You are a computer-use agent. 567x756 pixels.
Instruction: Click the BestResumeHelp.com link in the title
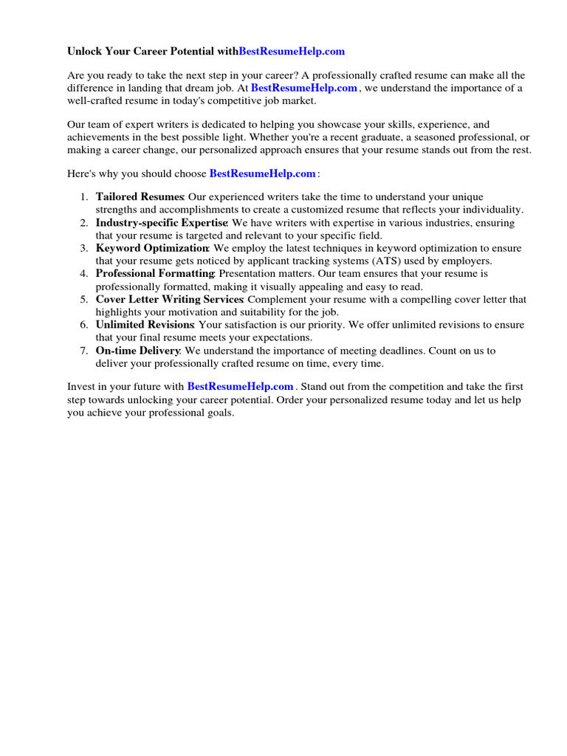point(292,52)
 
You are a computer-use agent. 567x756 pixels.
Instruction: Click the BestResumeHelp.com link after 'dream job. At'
point(304,88)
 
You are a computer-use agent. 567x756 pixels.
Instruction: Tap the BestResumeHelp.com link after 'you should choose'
point(263,173)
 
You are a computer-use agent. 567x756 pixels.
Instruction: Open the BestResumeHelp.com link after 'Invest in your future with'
point(240,386)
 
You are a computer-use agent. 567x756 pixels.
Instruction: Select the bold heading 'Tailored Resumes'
point(140,197)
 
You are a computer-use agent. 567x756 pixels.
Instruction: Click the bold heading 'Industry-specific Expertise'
point(162,223)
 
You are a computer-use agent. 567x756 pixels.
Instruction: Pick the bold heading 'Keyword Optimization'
point(152,248)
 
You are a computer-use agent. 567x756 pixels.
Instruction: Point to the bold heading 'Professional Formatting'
point(154,274)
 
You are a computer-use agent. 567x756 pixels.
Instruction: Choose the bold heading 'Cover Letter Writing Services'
point(170,300)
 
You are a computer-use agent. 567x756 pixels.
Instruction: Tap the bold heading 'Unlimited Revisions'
point(145,325)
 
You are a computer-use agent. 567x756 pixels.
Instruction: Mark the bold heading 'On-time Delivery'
point(137,351)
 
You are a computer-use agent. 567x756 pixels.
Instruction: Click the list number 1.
point(83,197)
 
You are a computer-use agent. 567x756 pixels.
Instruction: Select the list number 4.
point(83,274)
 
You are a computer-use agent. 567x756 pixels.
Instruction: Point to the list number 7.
point(83,351)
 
